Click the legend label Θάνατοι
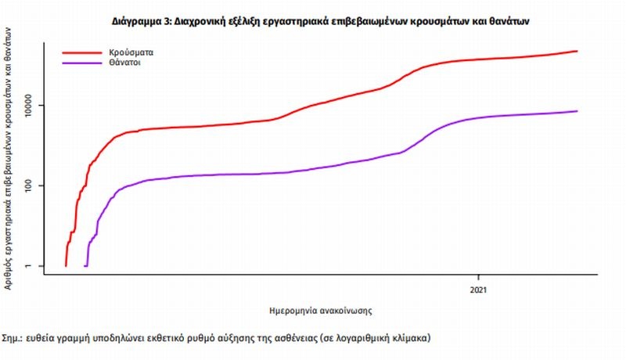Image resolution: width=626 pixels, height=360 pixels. [125, 61]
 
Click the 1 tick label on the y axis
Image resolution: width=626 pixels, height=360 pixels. [38, 266]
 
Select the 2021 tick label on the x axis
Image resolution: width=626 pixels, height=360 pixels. [479, 290]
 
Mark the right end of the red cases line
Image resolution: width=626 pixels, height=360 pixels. [577, 52]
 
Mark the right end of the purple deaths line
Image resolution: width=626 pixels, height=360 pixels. [577, 111]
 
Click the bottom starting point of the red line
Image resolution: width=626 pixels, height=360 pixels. [66, 266]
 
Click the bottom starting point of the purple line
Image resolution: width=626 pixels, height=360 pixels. [85, 266]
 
